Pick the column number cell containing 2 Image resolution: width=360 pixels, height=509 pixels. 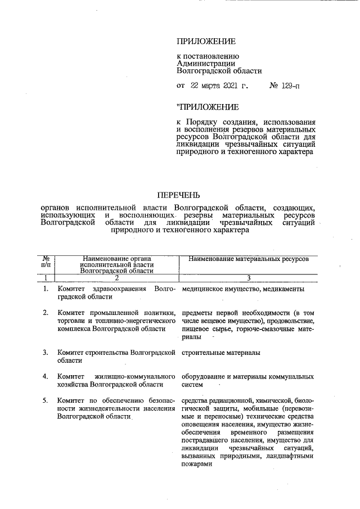[116, 277]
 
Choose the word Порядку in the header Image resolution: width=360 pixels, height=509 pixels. [204, 122]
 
